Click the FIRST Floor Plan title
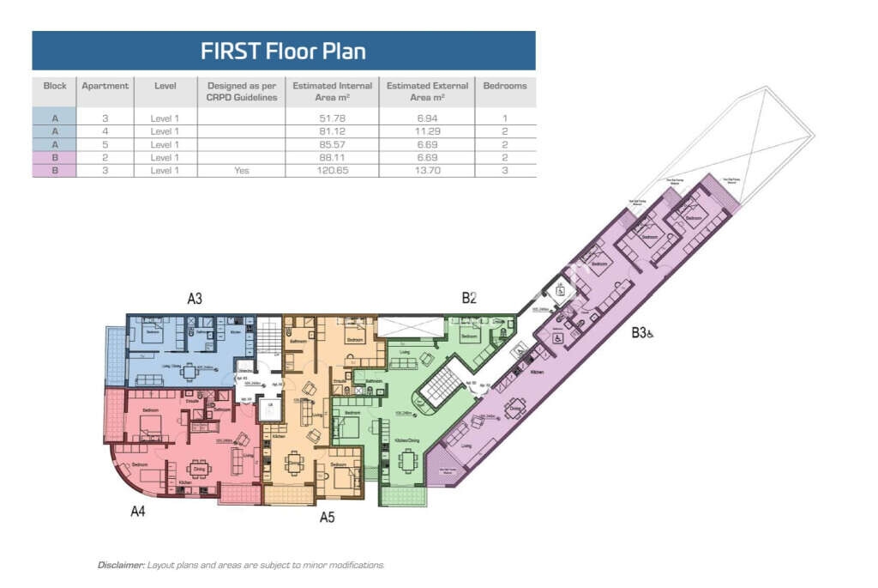click(283, 51)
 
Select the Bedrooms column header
click(505, 86)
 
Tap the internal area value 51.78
click(332, 117)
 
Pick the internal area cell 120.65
click(332, 171)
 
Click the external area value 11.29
click(427, 131)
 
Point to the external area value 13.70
click(427, 171)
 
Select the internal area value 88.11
click(332, 158)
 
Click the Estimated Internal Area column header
click(332, 91)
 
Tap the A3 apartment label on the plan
click(195, 300)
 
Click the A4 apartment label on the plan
click(137, 512)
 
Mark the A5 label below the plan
click(327, 517)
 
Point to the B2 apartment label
click(469, 299)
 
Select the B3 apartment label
click(640, 333)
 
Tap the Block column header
click(55, 86)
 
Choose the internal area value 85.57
click(332, 144)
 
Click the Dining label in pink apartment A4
click(198, 469)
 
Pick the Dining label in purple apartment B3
click(515, 409)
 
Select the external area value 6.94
click(427, 117)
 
